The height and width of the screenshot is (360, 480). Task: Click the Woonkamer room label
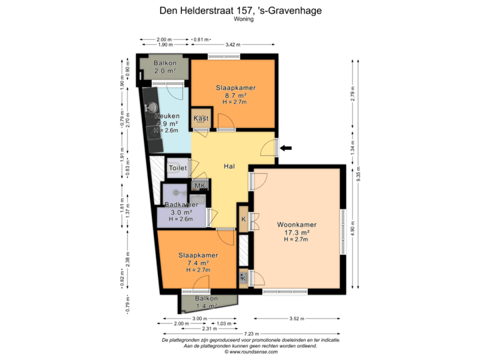(x=297, y=225)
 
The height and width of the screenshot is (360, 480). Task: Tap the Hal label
(x=229, y=167)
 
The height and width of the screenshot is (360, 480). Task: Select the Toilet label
(x=177, y=169)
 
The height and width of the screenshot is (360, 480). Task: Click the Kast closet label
(x=201, y=119)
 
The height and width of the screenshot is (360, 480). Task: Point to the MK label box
(x=199, y=185)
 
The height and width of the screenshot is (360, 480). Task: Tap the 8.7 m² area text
(x=235, y=95)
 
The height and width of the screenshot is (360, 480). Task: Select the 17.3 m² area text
(x=297, y=233)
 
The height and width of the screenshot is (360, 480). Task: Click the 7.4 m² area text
(x=198, y=263)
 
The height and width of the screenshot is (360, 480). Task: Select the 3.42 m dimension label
(x=233, y=45)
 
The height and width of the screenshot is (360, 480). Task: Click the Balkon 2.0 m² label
(x=165, y=67)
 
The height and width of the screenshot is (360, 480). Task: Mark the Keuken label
(x=166, y=116)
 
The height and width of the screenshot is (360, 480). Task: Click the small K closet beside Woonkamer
(x=244, y=219)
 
